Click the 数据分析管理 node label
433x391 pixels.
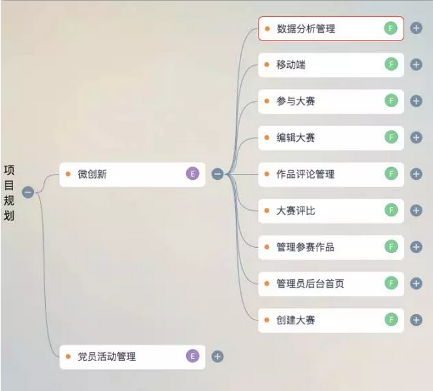click(306, 29)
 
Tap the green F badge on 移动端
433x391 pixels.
click(391, 64)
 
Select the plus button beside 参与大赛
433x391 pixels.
click(416, 101)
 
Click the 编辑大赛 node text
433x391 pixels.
click(296, 137)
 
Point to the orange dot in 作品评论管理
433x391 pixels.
click(267, 174)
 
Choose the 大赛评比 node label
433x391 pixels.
click(296, 211)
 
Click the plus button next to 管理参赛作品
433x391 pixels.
click(416, 247)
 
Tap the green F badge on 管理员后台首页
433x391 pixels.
click(391, 283)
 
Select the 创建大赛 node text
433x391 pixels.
click(296, 320)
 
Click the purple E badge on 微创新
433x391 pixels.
click(192, 173)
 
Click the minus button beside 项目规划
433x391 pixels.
click(28, 192)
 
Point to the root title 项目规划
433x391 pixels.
click(9, 192)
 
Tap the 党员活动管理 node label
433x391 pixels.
click(107, 357)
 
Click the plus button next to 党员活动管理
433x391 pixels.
click(217, 356)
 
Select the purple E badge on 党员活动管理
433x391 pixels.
click(192, 356)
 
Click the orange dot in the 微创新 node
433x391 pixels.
click(68, 174)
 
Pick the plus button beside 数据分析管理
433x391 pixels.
click(416, 28)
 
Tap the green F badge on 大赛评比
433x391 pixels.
click(391, 210)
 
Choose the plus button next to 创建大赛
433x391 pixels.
click(416, 320)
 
